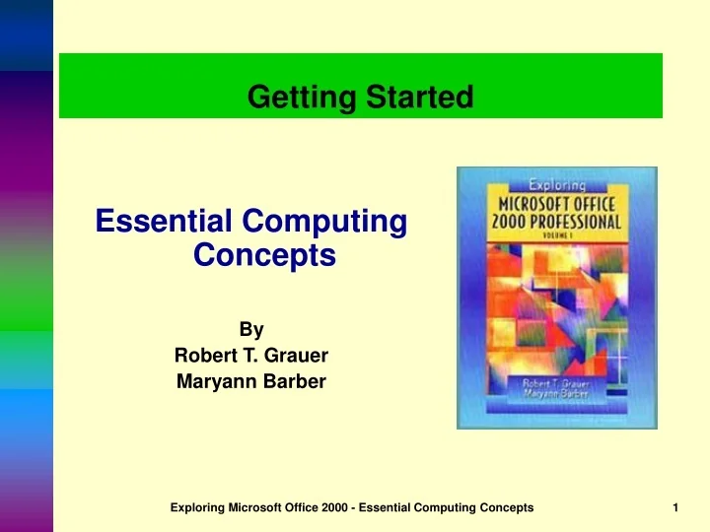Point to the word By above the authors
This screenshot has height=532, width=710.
tap(250, 330)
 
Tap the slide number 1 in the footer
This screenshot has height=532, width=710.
tap(675, 506)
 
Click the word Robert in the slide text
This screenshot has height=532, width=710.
tap(202, 356)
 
